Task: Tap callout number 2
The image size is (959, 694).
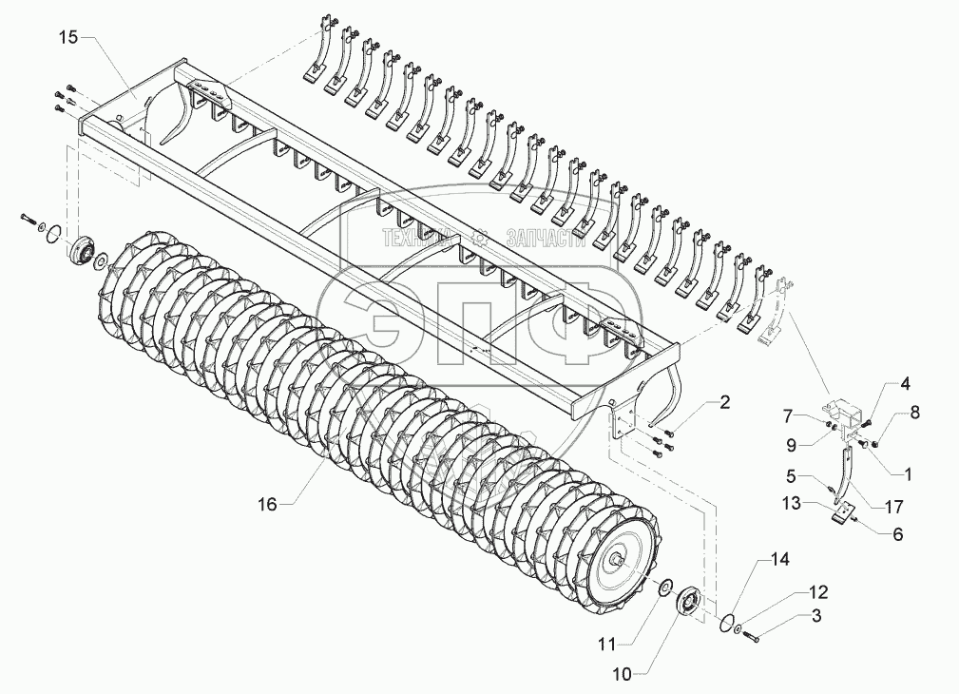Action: (724, 403)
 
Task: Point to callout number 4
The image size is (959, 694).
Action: (905, 385)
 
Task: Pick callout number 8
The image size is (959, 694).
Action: (915, 412)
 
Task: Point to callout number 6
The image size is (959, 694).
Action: (897, 534)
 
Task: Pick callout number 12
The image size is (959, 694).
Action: (818, 591)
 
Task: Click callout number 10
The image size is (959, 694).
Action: (622, 674)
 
